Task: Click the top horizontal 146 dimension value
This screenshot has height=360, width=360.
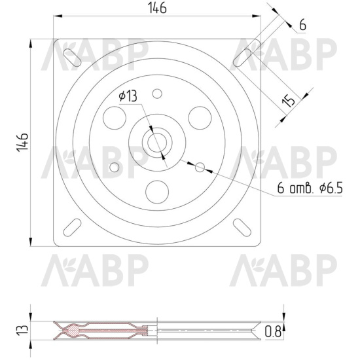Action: pyautogui.click(x=157, y=8)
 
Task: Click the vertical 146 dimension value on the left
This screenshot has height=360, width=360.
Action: pyautogui.click(x=22, y=142)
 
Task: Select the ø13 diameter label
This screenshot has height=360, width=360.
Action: pyautogui.click(x=128, y=96)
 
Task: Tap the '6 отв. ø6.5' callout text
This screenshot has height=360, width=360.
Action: pyautogui.click(x=310, y=189)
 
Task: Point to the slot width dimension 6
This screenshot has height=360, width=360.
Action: pyautogui.click(x=303, y=25)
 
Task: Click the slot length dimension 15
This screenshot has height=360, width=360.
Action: pyautogui.click(x=289, y=101)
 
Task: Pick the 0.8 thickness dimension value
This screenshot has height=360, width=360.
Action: pyautogui.click(x=273, y=332)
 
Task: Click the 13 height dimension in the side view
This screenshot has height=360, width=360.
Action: pyautogui.click(x=22, y=330)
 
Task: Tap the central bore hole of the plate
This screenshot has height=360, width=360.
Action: pyautogui.click(x=157, y=143)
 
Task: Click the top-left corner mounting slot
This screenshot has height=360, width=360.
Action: pyautogui.click(x=72, y=58)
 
